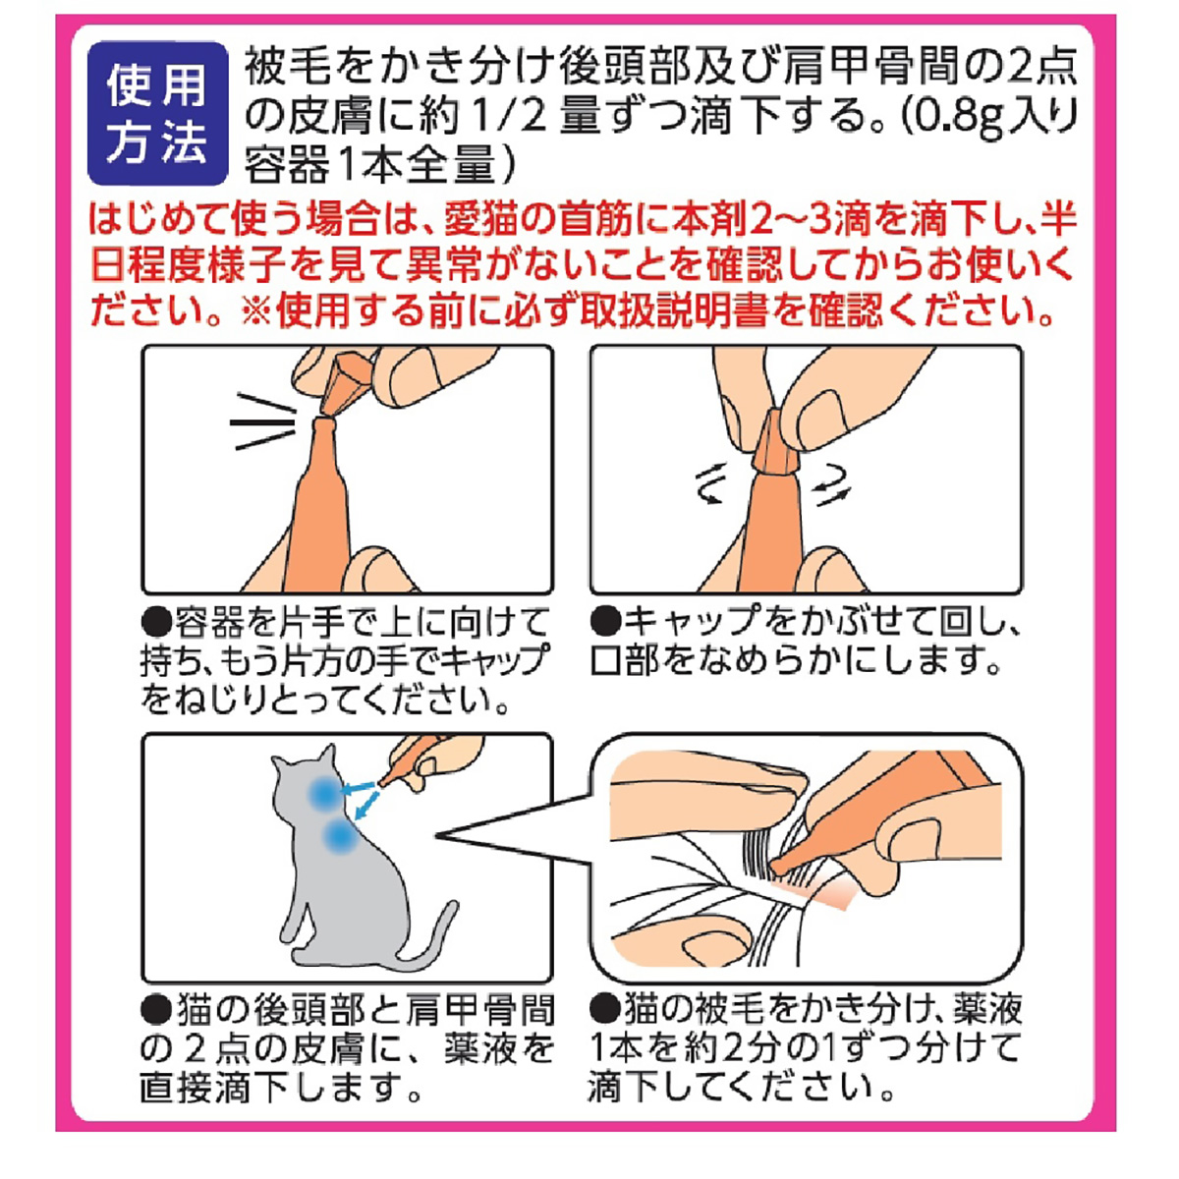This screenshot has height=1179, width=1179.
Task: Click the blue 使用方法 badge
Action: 157,114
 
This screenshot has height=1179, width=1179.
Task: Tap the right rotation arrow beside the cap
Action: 830,482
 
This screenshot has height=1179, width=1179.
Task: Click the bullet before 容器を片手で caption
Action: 156,621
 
